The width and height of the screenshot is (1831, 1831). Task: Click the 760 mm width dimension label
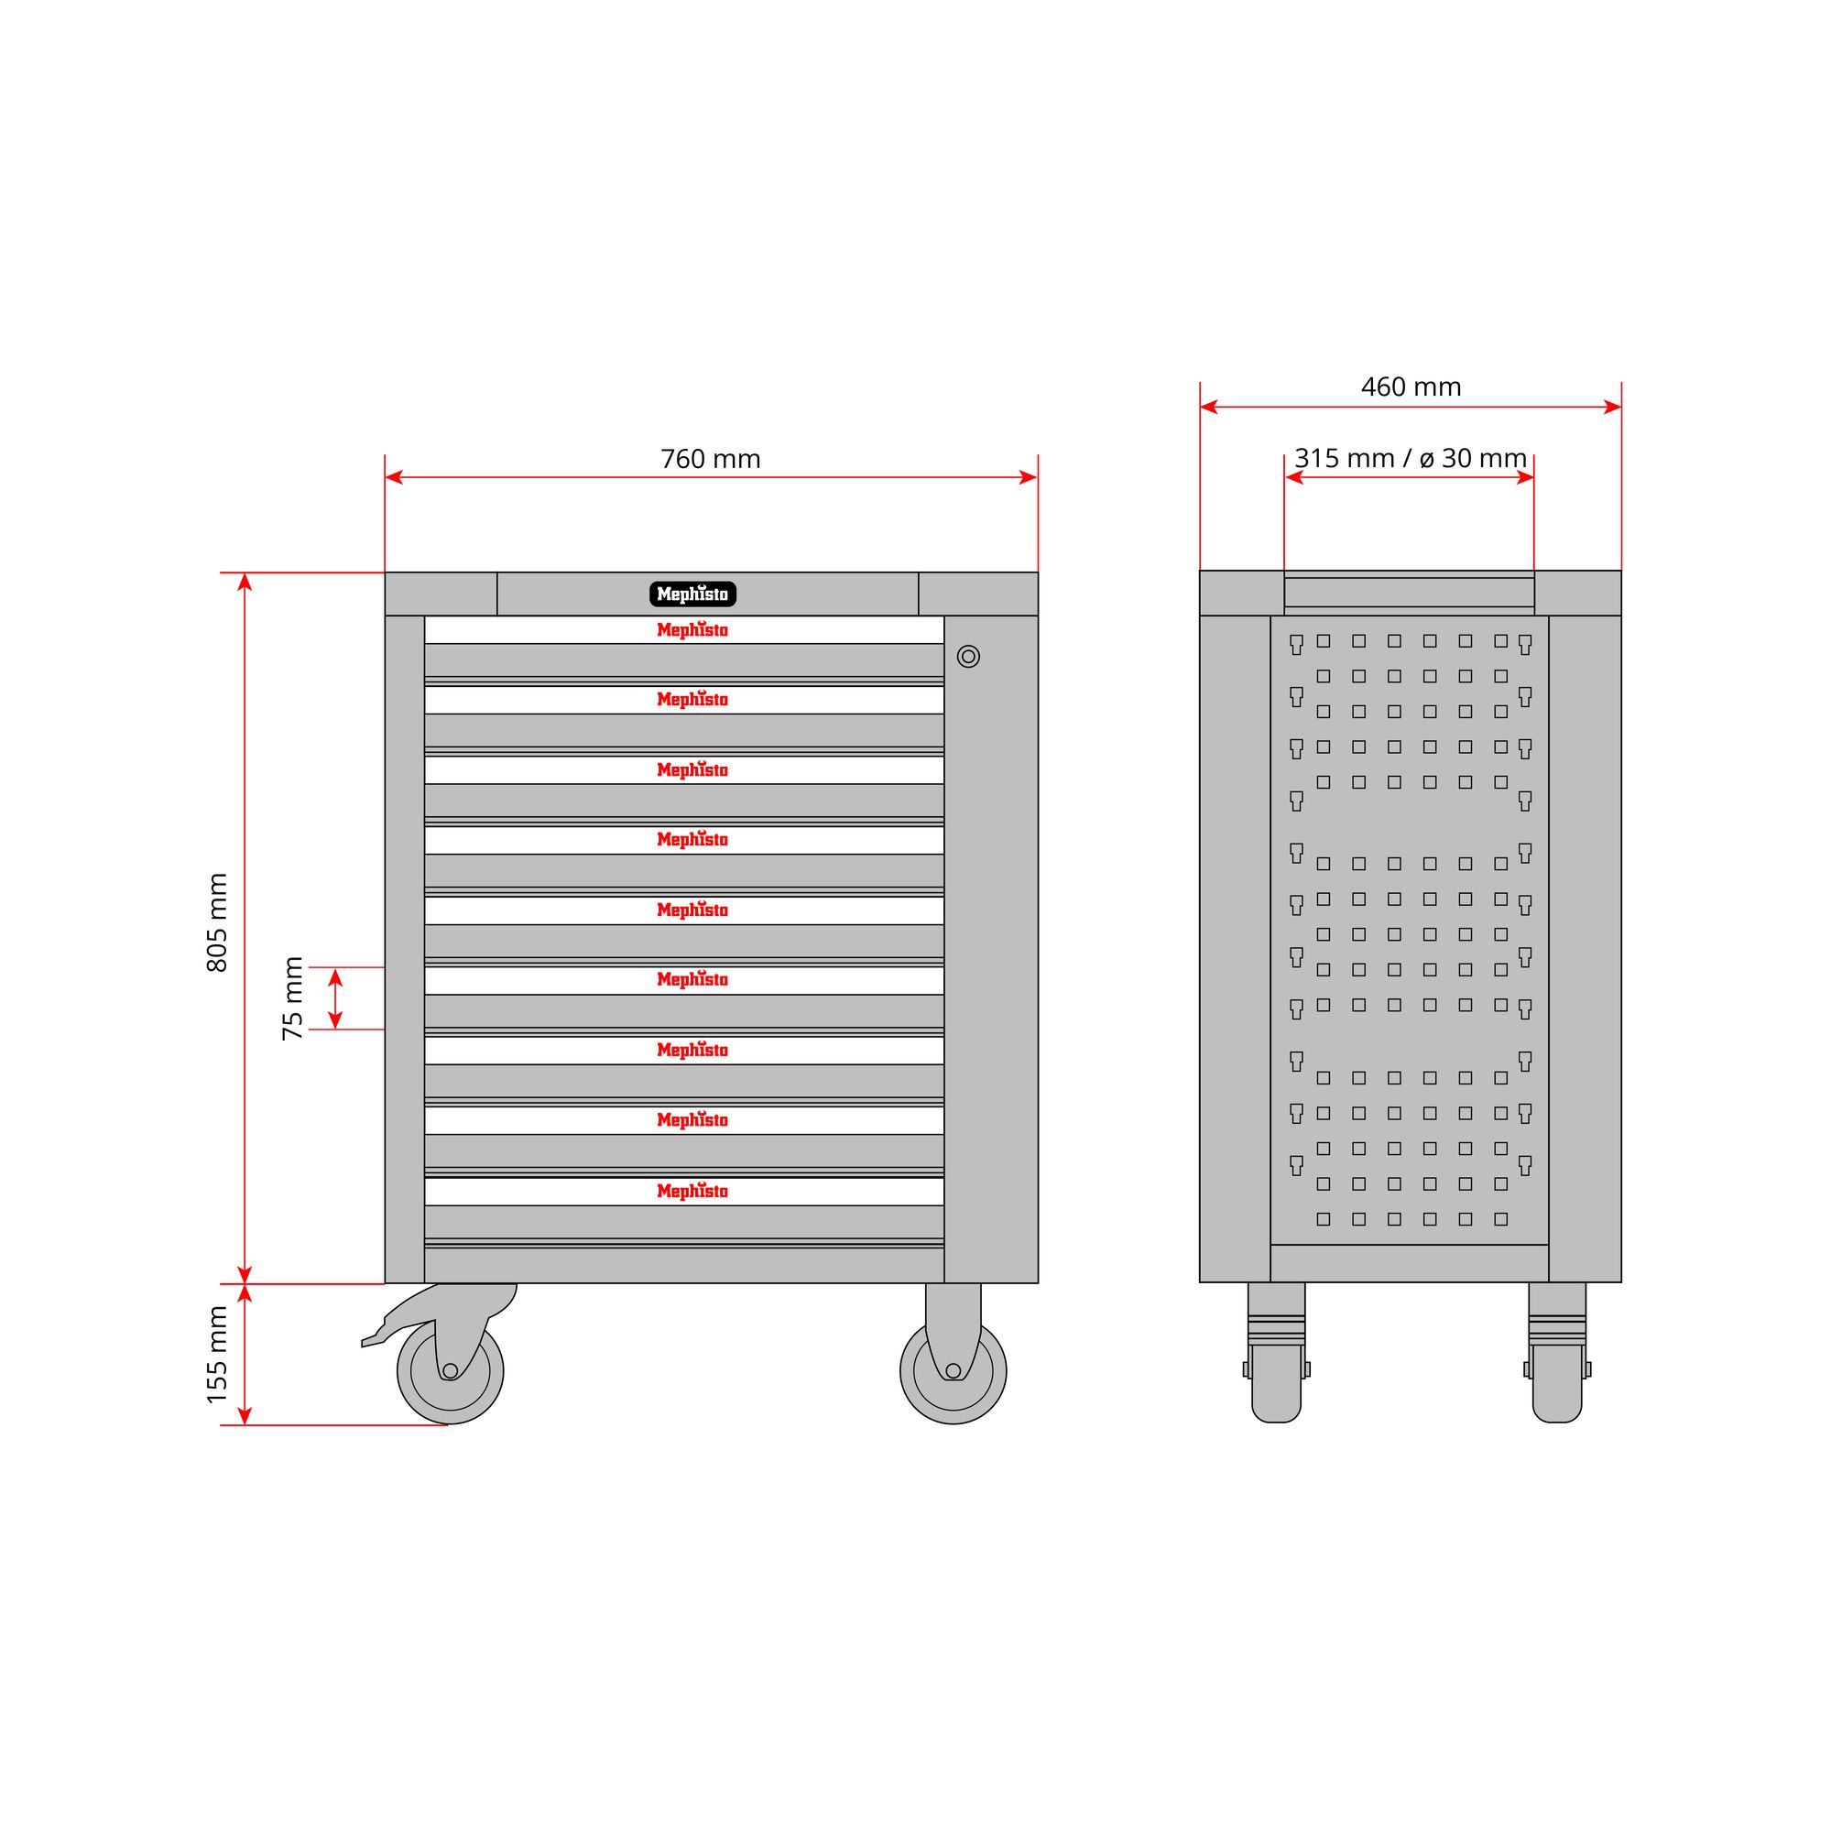pyautogui.click(x=710, y=460)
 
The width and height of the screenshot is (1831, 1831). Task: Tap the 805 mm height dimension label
pyautogui.click(x=217, y=922)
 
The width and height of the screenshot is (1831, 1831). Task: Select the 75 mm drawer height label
pyautogui.click(x=293, y=998)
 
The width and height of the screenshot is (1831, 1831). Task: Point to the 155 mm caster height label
pyautogui.click(x=217, y=1355)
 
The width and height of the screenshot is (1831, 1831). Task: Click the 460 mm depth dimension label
pyautogui.click(x=1411, y=387)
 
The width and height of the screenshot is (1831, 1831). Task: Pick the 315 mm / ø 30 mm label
pyautogui.click(x=1411, y=459)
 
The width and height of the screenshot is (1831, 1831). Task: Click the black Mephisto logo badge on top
pyautogui.click(x=692, y=594)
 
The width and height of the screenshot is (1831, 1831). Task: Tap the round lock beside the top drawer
pyautogui.click(x=967, y=656)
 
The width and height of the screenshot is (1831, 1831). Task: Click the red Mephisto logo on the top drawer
pyautogui.click(x=692, y=630)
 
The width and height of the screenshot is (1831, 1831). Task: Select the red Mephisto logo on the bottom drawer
pyautogui.click(x=692, y=1192)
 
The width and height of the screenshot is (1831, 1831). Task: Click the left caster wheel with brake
pyautogui.click(x=450, y=1370)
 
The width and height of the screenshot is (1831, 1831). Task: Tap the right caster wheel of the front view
pyautogui.click(x=954, y=1370)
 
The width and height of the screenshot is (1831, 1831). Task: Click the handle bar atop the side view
pyautogui.click(x=1410, y=593)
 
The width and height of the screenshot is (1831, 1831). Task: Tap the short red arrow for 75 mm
pyautogui.click(x=334, y=998)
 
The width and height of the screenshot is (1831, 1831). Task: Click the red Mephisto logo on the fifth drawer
pyautogui.click(x=692, y=910)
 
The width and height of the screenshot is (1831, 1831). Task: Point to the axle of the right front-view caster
pyautogui.click(x=954, y=1370)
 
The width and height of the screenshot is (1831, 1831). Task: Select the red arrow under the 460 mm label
pyautogui.click(x=1411, y=408)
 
